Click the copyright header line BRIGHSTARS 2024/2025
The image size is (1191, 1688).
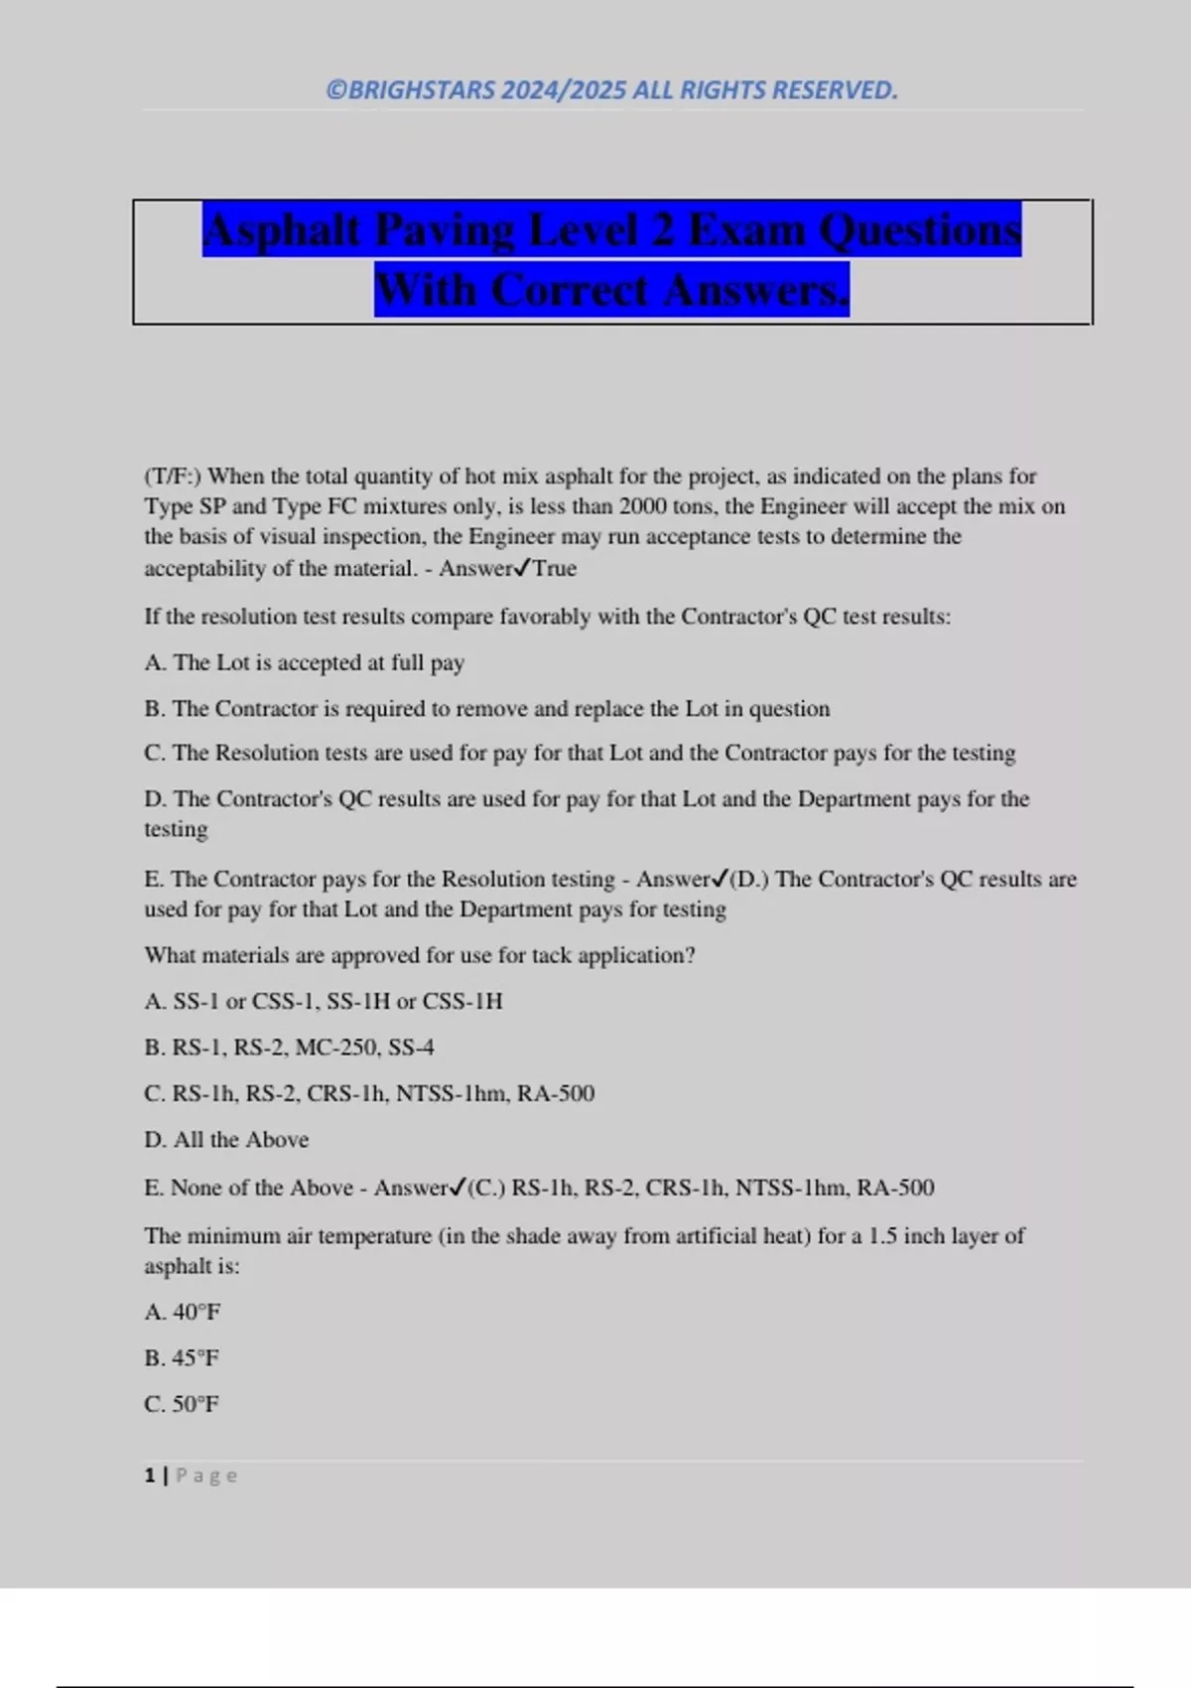[x=611, y=90]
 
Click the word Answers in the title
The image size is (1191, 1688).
[x=756, y=291]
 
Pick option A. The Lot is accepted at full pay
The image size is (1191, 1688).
[x=304, y=662]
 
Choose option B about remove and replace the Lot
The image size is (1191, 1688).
[x=486, y=709]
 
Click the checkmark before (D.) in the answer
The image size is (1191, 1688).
[x=721, y=879]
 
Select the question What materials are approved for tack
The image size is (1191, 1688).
[x=419, y=955]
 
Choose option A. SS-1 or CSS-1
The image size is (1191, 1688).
[x=324, y=1001]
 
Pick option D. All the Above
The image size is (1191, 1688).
[x=226, y=1140]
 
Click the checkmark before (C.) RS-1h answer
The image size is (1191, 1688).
[x=458, y=1188]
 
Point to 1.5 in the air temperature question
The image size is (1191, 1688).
[x=883, y=1236]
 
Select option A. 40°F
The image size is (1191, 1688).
[x=183, y=1312]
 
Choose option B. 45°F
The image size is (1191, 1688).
[x=182, y=1358]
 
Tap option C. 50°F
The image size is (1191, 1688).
[x=182, y=1404]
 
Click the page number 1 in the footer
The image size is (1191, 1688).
[x=150, y=1476]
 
